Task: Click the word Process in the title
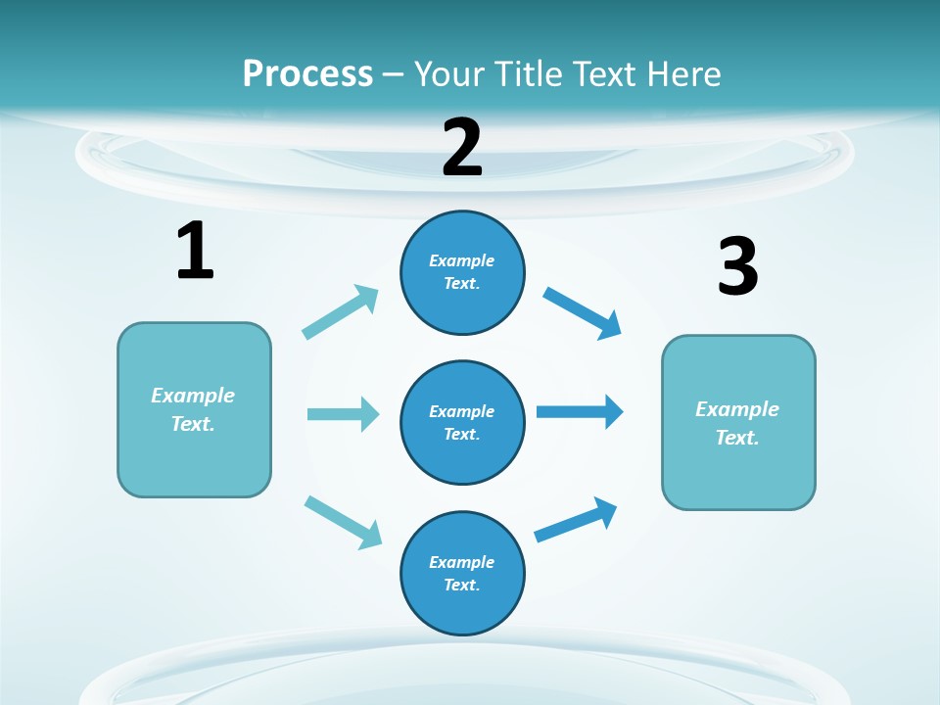[x=307, y=73]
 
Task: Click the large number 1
[x=195, y=252]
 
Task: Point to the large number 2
[x=462, y=147]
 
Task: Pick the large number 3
[x=737, y=266]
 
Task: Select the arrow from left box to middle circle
[x=342, y=414]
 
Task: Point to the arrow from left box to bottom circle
[x=343, y=521]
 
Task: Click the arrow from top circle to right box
[x=582, y=313]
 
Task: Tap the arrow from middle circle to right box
[x=580, y=411]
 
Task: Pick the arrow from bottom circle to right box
[x=576, y=520]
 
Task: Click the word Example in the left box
[x=193, y=396]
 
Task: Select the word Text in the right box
[x=736, y=438]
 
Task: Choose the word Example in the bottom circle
[x=461, y=562]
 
